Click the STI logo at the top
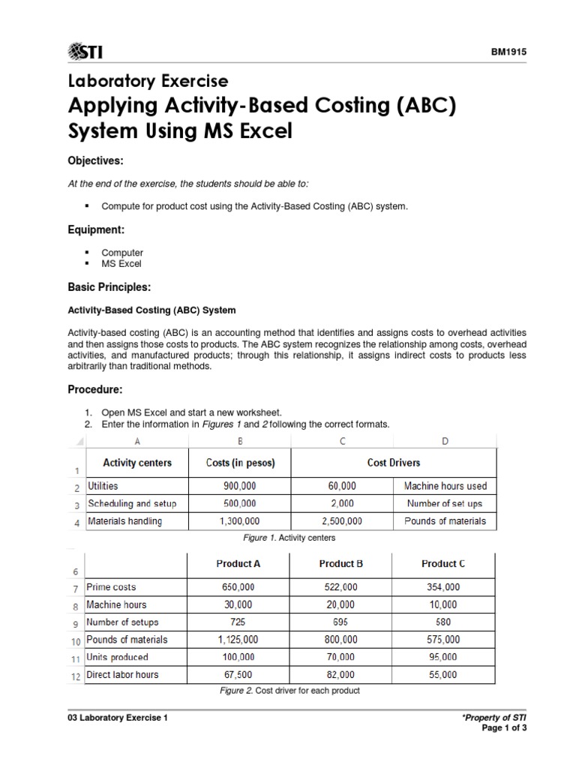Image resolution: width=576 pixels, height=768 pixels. (x=85, y=51)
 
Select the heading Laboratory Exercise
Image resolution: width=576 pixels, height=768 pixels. (x=148, y=80)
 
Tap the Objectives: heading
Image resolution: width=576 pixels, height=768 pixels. (x=96, y=162)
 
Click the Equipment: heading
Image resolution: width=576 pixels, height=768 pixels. (x=96, y=231)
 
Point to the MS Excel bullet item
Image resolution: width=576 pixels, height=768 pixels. (x=121, y=264)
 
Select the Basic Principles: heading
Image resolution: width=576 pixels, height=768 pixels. (x=110, y=287)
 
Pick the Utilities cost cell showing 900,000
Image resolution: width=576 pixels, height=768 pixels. (x=240, y=486)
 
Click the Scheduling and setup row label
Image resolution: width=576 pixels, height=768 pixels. (x=132, y=503)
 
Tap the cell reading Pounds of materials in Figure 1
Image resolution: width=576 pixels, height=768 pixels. (x=445, y=520)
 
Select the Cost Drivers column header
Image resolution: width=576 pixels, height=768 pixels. (x=394, y=463)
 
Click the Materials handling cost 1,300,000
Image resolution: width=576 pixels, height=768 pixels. (x=240, y=520)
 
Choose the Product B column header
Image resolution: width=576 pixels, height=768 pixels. (x=341, y=563)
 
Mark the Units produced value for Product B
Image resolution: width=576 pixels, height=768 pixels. (x=341, y=657)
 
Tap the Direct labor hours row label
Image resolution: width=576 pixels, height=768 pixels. (x=123, y=674)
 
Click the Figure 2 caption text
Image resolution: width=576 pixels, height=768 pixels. (x=291, y=690)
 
